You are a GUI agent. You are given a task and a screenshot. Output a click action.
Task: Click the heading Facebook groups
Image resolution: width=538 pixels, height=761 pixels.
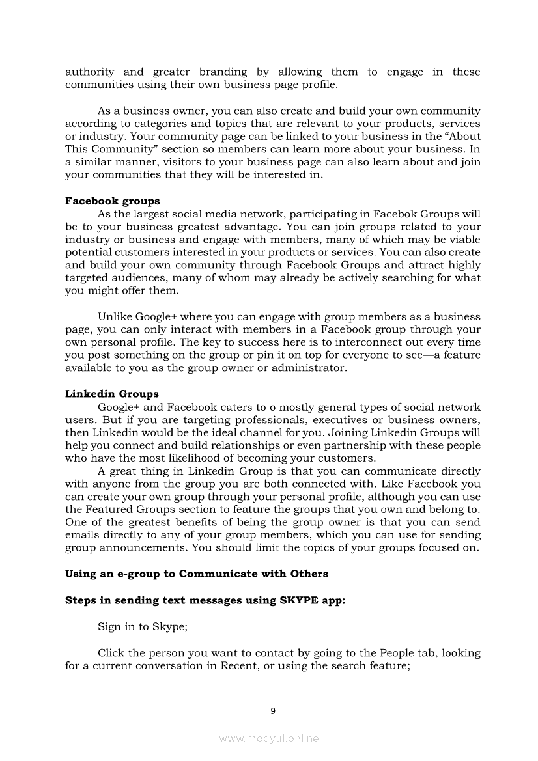point(112,201)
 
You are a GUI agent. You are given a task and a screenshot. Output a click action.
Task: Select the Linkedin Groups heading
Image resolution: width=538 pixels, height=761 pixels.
point(111,394)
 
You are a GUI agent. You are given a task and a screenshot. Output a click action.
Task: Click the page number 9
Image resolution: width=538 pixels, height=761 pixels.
point(273,711)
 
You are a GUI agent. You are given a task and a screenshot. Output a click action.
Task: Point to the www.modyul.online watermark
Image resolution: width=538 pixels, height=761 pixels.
point(269,738)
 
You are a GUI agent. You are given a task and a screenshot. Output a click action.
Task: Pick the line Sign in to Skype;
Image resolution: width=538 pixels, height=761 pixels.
point(143,627)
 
